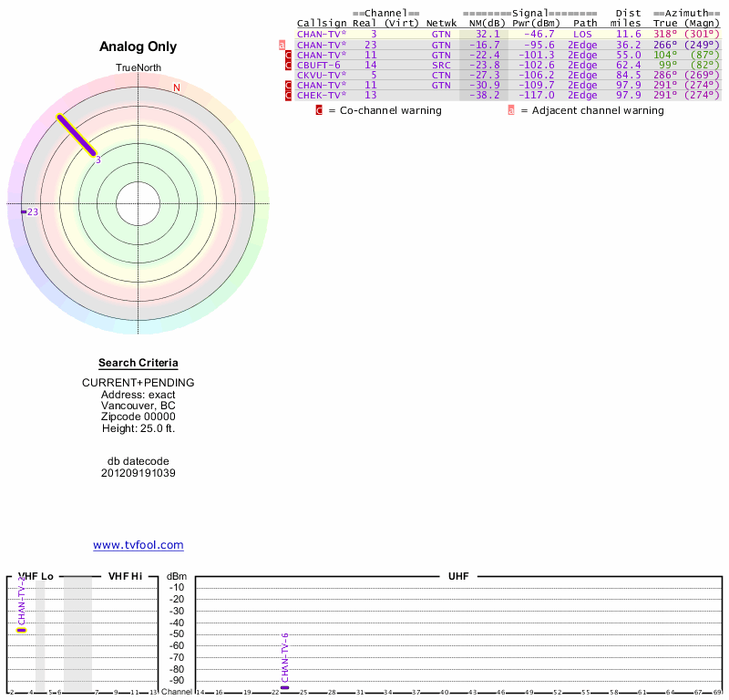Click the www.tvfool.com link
click(138, 545)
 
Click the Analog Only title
click(138, 46)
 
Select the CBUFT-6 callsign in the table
click(318, 65)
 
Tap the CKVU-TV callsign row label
click(321, 75)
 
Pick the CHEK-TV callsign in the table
click(321, 95)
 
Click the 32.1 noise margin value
click(488, 34)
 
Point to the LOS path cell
click(582, 34)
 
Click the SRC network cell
click(441, 65)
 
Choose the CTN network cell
click(441, 75)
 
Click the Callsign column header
click(318, 23)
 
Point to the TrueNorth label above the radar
click(138, 68)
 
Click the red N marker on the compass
click(177, 87)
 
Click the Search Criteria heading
click(138, 363)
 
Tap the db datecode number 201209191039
click(138, 473)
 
